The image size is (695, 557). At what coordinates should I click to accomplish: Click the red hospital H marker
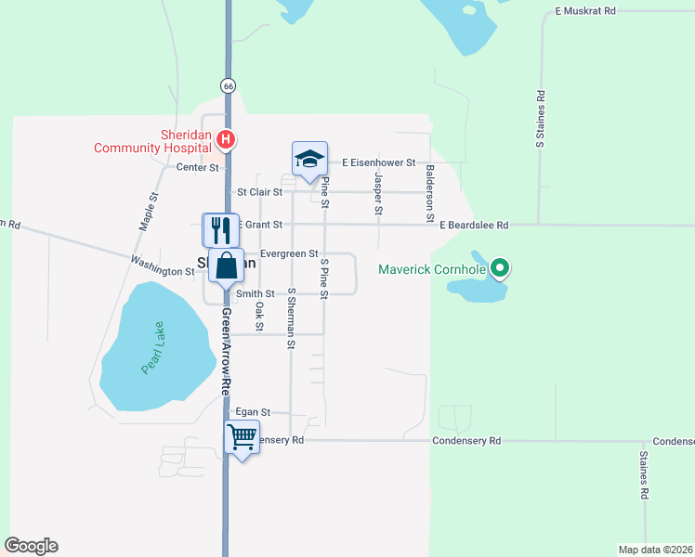(x=225, y=140)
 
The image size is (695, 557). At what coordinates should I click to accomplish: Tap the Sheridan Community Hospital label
(x=152, y=140)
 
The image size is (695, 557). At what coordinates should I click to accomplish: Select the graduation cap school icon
(x=309, y=159)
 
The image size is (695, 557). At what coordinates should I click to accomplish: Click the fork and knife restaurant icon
(x=220, y=228)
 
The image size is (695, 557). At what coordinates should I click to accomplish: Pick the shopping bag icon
(x=226, y=266)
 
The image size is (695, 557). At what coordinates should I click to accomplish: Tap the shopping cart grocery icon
(x=242, y=436)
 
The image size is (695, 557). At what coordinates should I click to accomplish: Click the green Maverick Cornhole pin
(x=500, y=269)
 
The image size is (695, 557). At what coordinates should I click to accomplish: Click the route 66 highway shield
(x=229, y=85)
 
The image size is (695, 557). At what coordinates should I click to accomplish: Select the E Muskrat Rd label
(x=585, y=11)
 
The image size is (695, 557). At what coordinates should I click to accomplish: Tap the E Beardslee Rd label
(x=474, y=225)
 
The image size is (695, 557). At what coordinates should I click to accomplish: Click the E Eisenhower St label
(x=377, y=162)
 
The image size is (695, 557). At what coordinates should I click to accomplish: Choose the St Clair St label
(x=259, y=192)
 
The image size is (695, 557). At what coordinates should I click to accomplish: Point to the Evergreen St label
(x=289, y=253)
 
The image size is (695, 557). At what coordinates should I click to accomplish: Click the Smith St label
(x=255, y=293)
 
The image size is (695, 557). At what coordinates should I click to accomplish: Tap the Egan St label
(x=252, y=411)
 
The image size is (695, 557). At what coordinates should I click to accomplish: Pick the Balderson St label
(x=430, y=193)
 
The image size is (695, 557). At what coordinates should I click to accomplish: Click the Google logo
(x=31, y=546)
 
